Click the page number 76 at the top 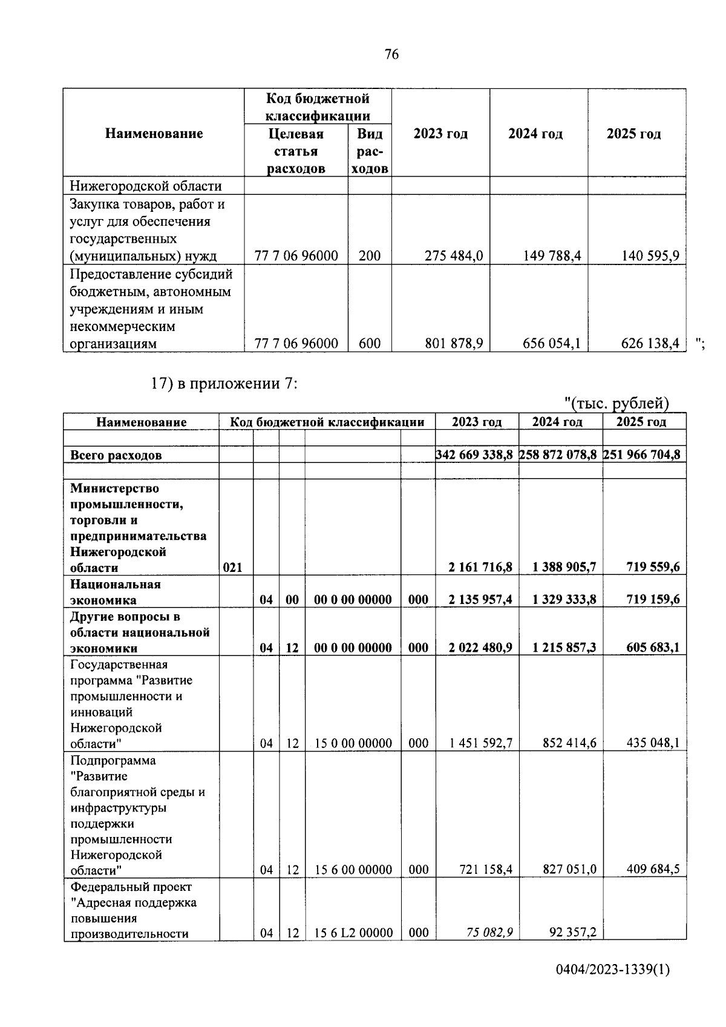coord(391,54)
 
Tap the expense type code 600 coord(369,344)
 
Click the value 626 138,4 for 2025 coord(650,344)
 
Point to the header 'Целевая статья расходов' coord(296,151)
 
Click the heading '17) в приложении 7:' coord(224,383)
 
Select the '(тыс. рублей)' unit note coord(616,403)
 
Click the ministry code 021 coord(232,568)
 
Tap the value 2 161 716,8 coord(480,567)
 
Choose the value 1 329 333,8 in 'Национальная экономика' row coord(564,599)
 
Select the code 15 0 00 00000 coord(353,743)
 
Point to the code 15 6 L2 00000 coord(353,933)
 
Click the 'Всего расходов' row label coord(116,455)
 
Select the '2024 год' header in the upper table coord(535,134)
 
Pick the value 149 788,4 coord(552,256)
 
